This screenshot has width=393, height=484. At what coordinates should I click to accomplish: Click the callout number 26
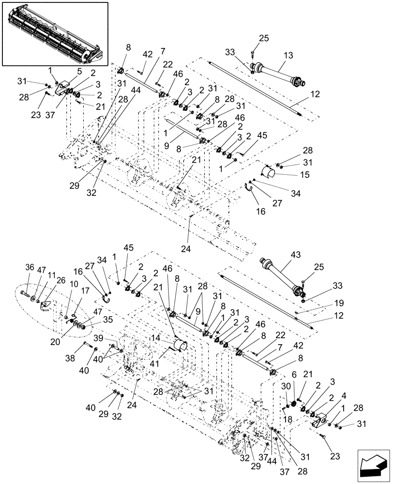[60, 280]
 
